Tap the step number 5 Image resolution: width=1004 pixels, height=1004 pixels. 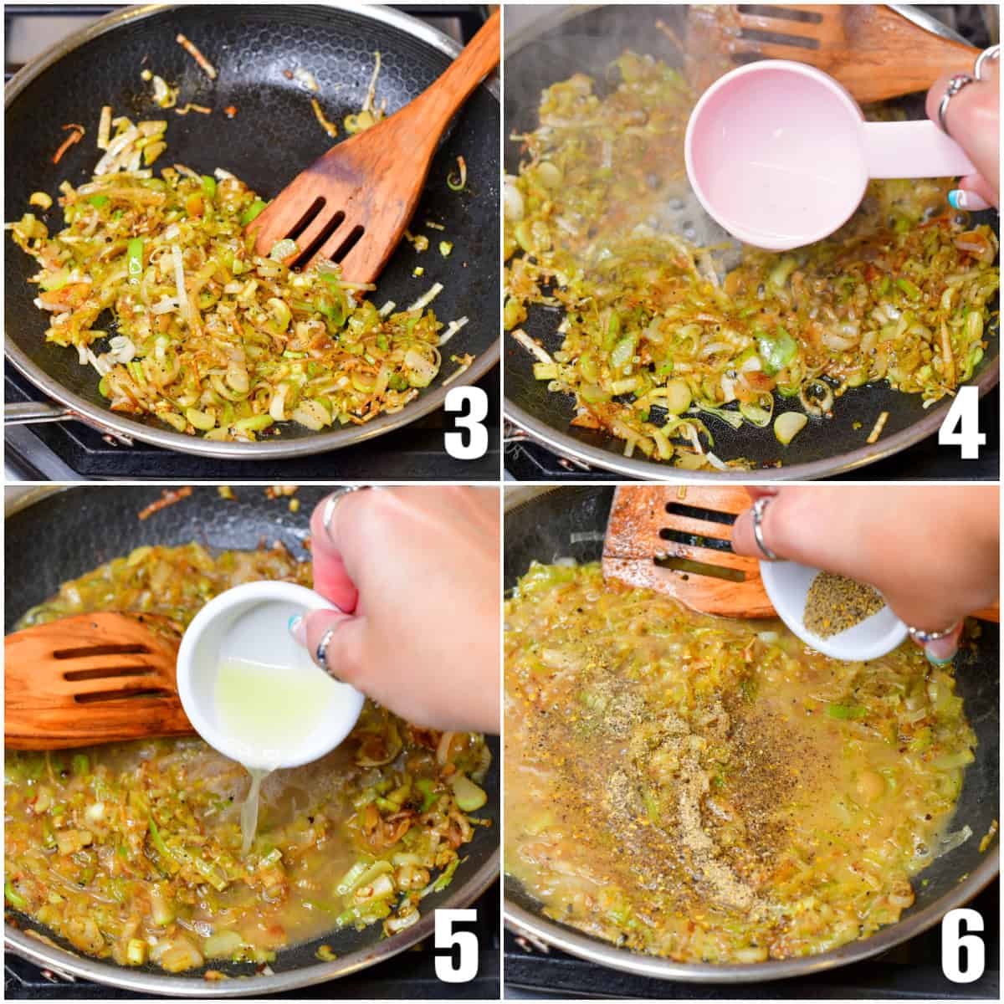coord(456,944)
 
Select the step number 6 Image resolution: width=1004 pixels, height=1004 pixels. coord(962,944)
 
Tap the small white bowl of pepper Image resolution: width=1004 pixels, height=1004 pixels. coord(837,611)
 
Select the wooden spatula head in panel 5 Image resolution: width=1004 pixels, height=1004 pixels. coord(92,678)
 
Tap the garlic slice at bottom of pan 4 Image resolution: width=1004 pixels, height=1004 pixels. coord(789,428)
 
